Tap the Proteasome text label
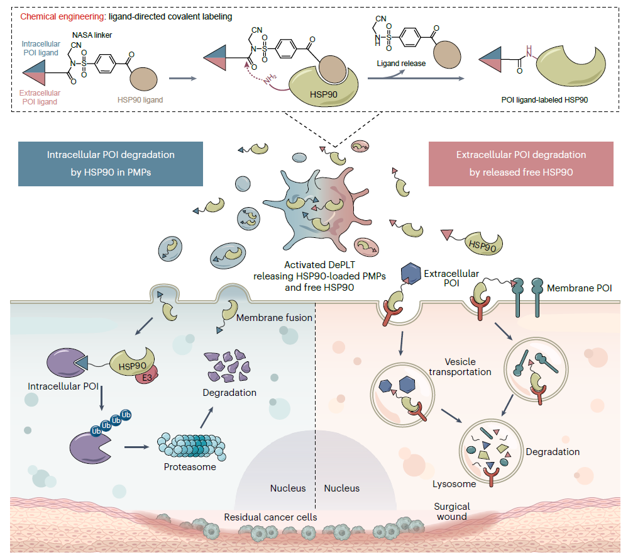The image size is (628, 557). [190, 467]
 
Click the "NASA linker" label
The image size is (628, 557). [92, 35]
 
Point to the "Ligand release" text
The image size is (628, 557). [401, 64]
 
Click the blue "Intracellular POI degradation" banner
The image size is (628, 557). [111, 164]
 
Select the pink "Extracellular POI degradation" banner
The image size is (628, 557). [521, 164]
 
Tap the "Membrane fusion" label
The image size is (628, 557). [274, 318]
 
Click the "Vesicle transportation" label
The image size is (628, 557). [460, 367]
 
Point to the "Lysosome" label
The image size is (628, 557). [454, 484]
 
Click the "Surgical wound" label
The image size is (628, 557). [452, 512]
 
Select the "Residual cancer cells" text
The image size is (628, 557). [270, 517]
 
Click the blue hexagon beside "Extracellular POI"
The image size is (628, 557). [410, 274]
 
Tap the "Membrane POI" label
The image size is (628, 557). [579, 288]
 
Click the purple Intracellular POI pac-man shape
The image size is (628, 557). [67, 363]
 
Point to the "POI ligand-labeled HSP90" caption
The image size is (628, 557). [544, 100]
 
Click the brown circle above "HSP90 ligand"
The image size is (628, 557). [144, 79]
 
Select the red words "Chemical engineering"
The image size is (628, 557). [62, 16]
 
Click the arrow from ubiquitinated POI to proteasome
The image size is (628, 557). [136, 447]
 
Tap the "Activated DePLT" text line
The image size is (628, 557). [319, 265]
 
